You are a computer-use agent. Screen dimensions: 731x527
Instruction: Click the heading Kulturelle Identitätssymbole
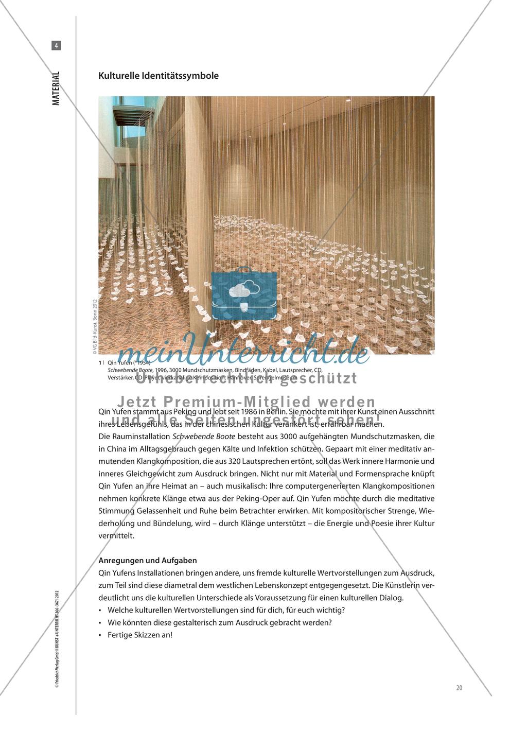(x=159, y=75)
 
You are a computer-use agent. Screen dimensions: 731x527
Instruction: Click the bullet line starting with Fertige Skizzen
(x=140, y=635)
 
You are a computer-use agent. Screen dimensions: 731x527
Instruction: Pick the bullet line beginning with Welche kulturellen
(x=226, y=610)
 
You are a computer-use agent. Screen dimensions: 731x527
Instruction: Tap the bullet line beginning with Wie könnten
(x=220, y=622)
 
